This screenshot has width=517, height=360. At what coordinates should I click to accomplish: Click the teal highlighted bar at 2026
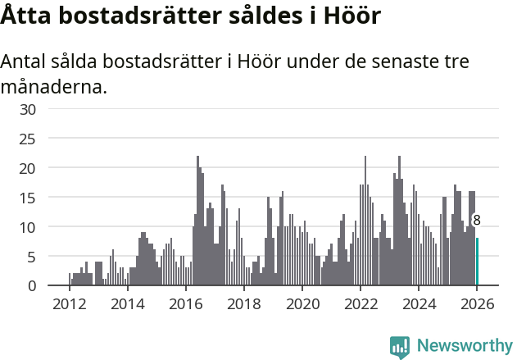point(478,262)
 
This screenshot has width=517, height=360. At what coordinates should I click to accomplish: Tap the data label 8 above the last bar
point(477,221)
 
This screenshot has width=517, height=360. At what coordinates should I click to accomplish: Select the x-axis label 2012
point(69,304)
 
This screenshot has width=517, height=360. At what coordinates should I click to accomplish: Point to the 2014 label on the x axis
point(127,304)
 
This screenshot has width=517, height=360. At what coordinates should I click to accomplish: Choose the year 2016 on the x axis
point(185,304)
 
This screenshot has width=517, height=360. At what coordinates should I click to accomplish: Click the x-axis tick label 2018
point(243,304)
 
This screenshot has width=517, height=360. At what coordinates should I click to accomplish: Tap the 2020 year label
point(302,304)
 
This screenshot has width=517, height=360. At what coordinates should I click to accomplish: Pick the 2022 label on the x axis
point(361,304)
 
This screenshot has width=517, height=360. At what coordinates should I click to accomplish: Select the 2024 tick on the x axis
point(419,304)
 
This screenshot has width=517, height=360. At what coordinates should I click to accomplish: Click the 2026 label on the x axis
point(477,304)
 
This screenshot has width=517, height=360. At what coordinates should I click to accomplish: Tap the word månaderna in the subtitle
point(54,86)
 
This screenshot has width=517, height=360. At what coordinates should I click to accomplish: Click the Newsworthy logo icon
point(400,346)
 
